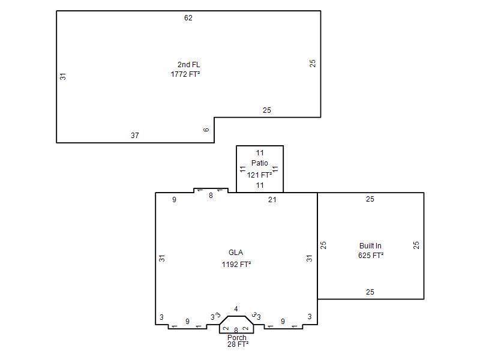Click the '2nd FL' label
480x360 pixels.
tap(188, 65)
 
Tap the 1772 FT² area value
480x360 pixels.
tap(185, 74)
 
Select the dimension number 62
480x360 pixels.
tap(188, 18)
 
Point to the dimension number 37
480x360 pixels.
tap(134, 136)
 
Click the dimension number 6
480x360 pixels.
tap(206, 130)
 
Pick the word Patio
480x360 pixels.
tap(260, 163)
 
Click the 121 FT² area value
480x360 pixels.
tap(259, 175)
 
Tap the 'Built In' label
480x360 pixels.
tap(370, 246)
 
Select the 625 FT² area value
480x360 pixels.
tap(371, 256)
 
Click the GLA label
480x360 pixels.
tap(236, 253)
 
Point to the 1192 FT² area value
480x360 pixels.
tap(236, 264)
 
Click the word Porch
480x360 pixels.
tap(237, 337)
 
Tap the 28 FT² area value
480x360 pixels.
tap(238, 344)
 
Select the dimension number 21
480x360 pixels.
tap(272, 200)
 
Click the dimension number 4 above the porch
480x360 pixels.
tap(236, 309)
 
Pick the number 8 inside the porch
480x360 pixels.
tap(236, 331)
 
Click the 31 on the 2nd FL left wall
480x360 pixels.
tap(63, 76)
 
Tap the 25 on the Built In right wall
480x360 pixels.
tap(416, 245)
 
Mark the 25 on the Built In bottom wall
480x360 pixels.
tap(370, 292)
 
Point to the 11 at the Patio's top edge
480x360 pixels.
tap(260, 153)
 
